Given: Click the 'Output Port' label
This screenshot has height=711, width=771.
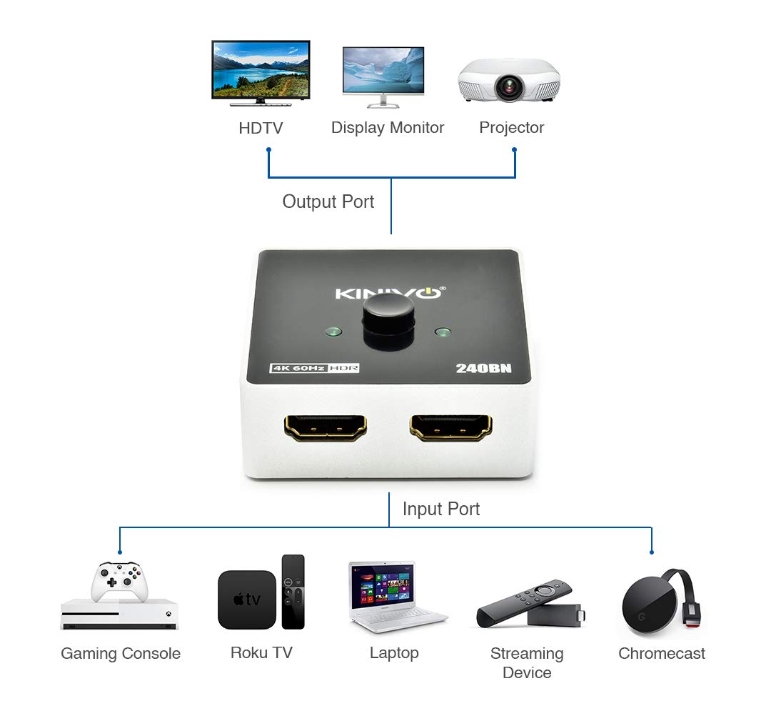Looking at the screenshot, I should point(328,202).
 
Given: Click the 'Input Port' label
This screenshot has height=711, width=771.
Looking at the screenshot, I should point(441,509).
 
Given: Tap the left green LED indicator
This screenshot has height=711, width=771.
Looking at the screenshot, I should point(333,332).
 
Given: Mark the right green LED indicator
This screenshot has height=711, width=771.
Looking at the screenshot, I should point(443,333).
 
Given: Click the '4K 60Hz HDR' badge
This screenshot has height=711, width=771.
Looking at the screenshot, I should point(314,368).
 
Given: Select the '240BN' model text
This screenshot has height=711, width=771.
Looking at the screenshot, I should point(483,369).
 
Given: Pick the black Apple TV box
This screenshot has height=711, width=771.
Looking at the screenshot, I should point(247,599).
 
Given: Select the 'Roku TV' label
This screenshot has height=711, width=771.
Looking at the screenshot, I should point(261,652).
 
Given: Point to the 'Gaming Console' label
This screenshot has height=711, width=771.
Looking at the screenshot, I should point(121,653).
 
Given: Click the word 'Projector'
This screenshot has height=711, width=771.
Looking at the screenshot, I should point(511,128).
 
